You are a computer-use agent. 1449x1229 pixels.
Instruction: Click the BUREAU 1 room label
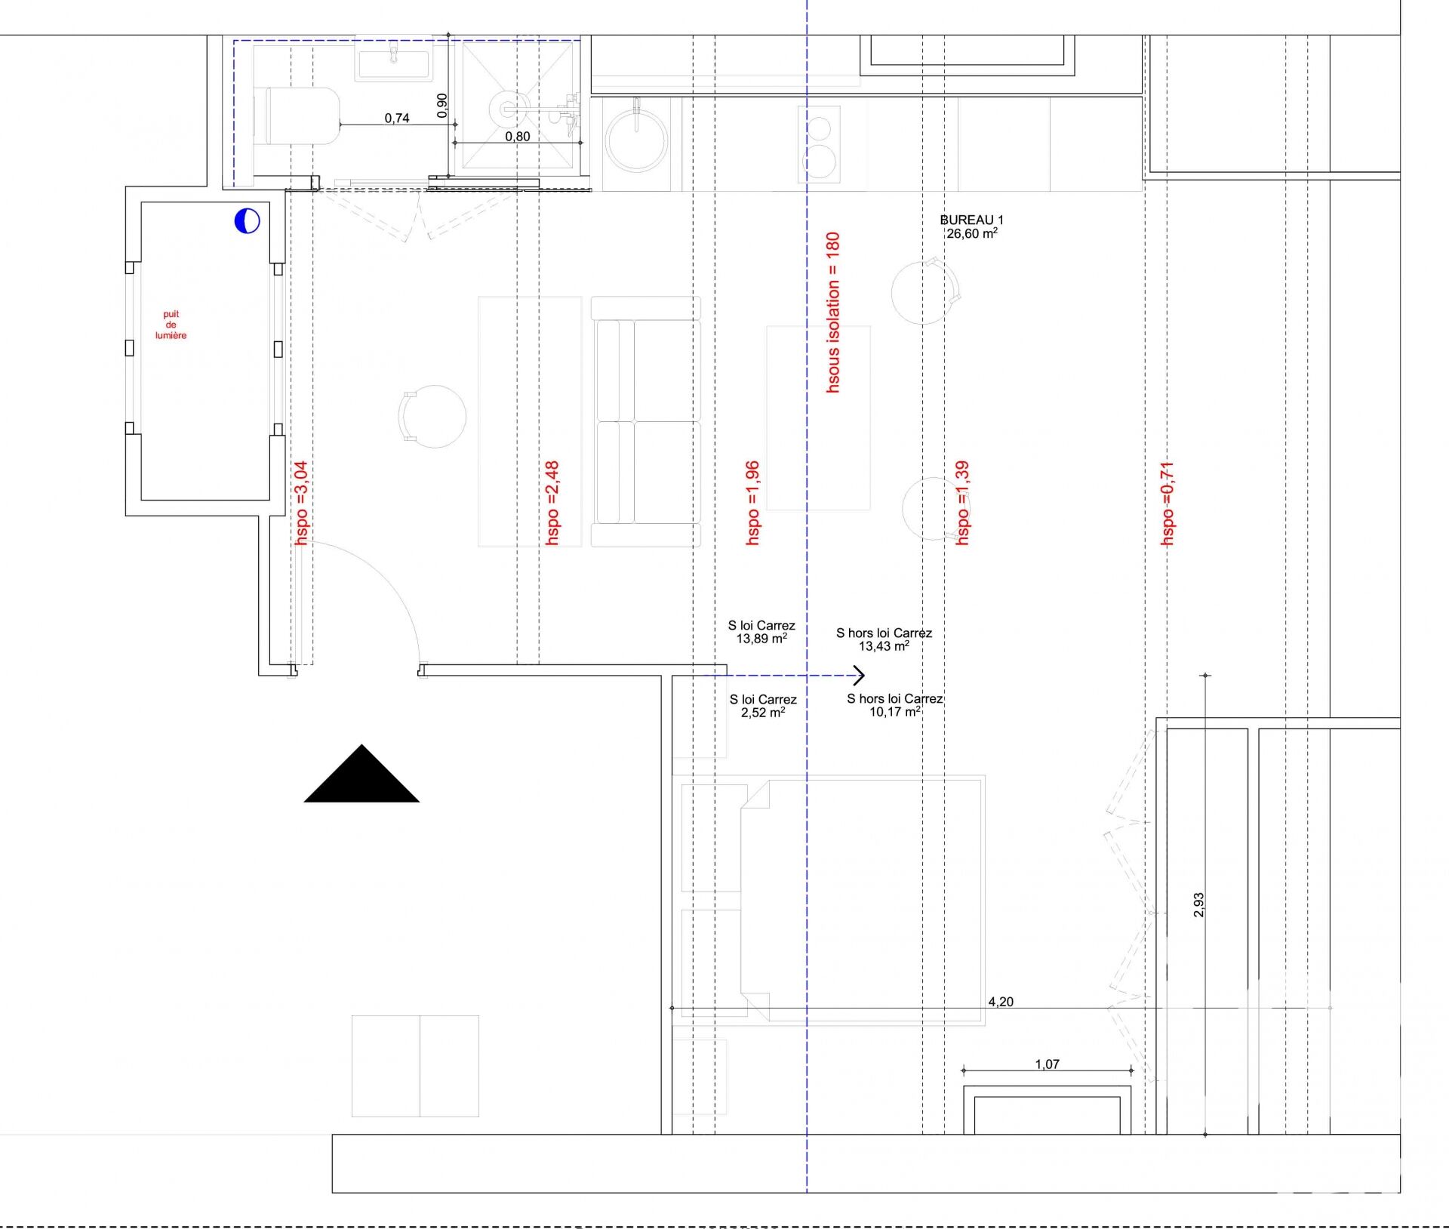point(971,220)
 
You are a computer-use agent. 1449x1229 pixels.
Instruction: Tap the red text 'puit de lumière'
point(171,325)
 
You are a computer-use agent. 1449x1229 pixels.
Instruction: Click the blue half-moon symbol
point(247,220)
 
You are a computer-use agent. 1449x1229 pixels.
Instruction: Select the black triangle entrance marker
point(361,774)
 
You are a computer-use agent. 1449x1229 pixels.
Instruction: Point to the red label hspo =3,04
point(301,503)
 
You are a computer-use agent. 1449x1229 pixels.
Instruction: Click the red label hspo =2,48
point(552,503)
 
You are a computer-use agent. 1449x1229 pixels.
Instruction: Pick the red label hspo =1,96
point(752,503)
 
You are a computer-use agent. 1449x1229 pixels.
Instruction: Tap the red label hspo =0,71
point(1167,504)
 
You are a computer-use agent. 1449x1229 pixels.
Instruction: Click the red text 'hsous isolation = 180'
point(832,312)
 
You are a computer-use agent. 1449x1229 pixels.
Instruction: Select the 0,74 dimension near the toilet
point(397,118)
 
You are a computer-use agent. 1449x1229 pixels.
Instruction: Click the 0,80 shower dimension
point(518,137)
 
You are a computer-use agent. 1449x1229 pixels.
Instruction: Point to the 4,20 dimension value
point(1001,1002)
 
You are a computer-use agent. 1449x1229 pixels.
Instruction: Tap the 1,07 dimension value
point(1047,1064)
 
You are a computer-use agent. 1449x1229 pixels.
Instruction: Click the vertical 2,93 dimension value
point(1198,905)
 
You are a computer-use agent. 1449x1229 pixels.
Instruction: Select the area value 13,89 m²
point(761,639)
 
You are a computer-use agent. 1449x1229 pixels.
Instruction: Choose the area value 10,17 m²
point(895,712)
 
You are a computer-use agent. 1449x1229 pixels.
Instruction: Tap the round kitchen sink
point(636,140)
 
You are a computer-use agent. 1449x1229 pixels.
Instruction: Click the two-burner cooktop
point(819,143)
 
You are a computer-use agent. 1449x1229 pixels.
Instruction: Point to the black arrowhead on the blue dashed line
point(859,675)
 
